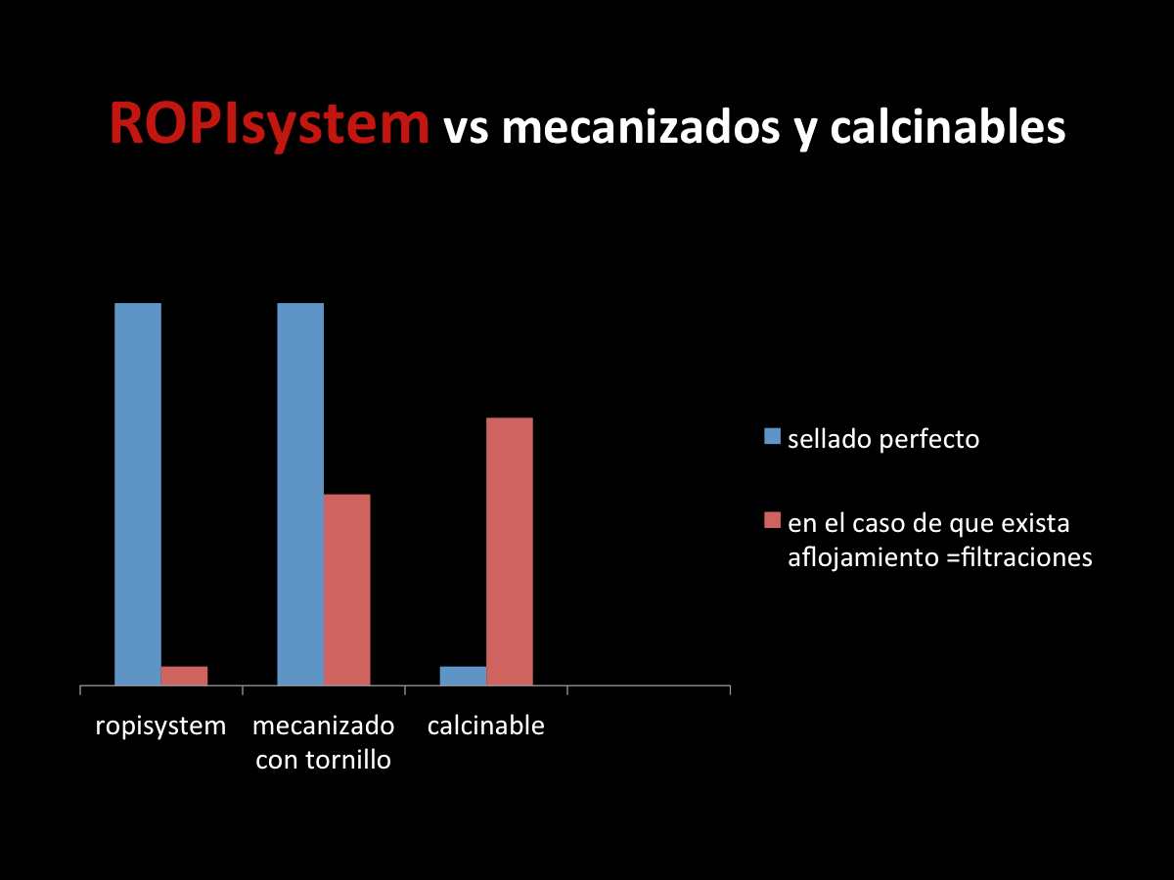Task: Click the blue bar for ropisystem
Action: (138, 494)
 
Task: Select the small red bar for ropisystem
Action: (185, 676)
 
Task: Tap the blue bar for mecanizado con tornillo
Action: (300, 494)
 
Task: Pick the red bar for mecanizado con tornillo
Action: (347, 590)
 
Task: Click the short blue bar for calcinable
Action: (463, 676)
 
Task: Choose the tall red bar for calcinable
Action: (510, 551)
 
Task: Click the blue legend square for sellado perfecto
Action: (772, 436)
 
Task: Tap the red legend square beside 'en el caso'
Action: (772, 520)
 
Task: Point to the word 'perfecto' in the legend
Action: (929, 440)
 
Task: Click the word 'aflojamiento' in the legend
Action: (863, 558)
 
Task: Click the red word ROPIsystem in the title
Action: (270, 125)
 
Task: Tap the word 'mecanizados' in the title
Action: (641, 127)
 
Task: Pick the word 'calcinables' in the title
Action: (948, 127)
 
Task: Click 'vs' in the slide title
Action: (466, 131)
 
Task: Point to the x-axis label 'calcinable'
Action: (485, 726)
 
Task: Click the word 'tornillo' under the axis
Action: (348, 760)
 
